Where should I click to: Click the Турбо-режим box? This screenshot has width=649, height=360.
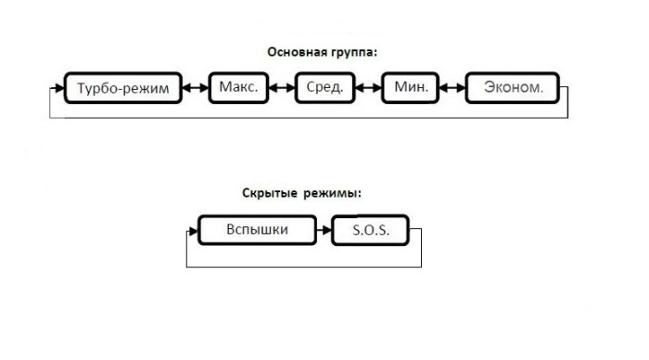121,89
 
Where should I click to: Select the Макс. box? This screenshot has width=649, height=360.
238,88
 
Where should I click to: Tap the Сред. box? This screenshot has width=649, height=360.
324,88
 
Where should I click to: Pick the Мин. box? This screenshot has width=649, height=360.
409,88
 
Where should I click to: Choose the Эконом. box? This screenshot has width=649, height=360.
513,89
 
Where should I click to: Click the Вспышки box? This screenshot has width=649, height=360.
255,228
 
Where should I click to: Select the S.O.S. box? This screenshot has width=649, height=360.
369,229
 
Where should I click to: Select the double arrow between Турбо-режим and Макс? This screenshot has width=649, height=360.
195,89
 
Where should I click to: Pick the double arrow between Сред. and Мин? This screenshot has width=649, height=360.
367,89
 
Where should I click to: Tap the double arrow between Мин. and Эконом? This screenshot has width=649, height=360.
452,89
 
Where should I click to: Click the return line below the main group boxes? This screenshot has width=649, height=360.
306,118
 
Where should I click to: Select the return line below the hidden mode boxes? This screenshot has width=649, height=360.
306,266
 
